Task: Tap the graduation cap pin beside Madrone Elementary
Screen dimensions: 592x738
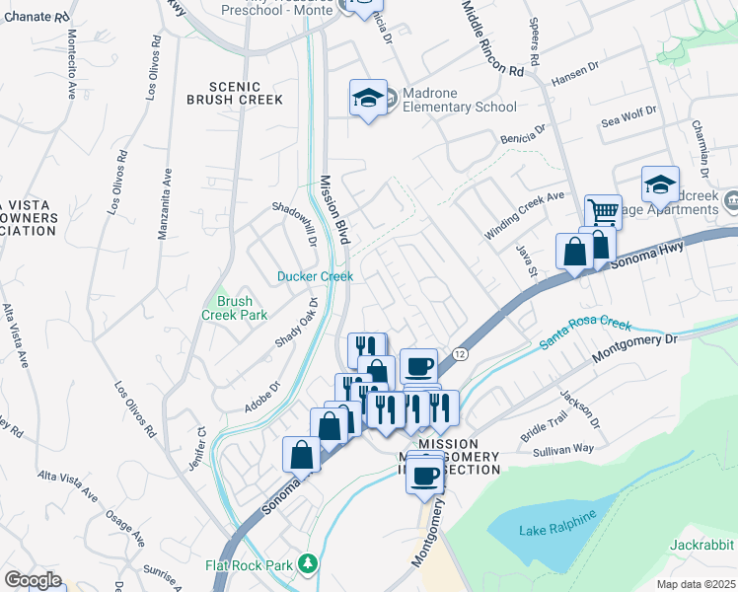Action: tap(367, 99)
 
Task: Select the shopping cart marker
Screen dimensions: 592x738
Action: tap(603, 211)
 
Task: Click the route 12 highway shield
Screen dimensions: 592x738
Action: tap(460, 352)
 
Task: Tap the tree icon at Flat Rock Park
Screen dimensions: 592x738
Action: tap(309, 563)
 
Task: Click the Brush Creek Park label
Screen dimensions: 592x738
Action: tap(235, 308)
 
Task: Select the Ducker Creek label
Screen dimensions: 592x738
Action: tap(314, 277)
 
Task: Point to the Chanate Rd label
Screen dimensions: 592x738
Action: tap(37, 17)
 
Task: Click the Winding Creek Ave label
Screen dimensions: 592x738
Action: tap(524, 215)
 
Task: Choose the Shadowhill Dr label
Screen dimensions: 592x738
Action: tap(293, 225)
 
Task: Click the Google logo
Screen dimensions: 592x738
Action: tap(32, 580)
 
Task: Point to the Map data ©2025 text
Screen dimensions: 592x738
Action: tap(696, 584)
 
